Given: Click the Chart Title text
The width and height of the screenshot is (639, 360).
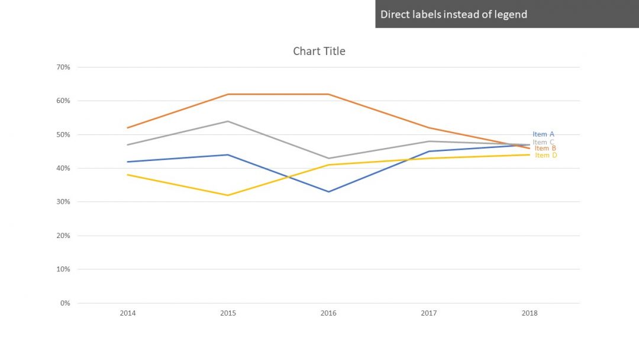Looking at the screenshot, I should click(319, 52).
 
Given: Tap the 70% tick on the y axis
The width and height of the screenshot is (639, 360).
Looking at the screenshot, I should click(63, 67).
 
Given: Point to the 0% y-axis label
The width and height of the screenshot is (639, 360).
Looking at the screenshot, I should click(65, 303).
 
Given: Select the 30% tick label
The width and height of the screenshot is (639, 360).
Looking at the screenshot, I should click(63, 202).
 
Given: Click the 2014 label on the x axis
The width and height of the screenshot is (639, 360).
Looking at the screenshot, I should click(128, 313).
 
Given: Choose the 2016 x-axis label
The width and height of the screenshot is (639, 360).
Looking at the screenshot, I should click(328, 313).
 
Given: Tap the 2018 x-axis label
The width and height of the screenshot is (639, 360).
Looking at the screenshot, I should click(530, 313).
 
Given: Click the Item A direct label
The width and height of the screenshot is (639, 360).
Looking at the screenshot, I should click(543, 134).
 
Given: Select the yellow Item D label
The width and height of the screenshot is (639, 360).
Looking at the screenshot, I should click(546, 155).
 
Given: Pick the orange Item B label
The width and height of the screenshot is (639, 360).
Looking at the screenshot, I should click(545, 148).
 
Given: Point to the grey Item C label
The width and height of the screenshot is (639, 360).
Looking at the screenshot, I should click(543, 142).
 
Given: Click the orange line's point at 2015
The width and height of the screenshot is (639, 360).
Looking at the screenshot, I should click(228, 94).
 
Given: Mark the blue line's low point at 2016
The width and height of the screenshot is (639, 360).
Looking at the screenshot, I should click(328, 192).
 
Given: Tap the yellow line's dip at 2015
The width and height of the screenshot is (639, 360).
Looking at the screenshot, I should click(228, 195).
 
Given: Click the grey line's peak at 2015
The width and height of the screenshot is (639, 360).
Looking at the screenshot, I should click(228, 121).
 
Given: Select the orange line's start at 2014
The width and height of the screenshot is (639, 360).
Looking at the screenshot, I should click(128, 128).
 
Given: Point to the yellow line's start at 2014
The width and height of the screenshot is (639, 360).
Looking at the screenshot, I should click(128, 175).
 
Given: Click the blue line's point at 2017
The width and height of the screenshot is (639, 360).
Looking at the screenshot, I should click(429, 152).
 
